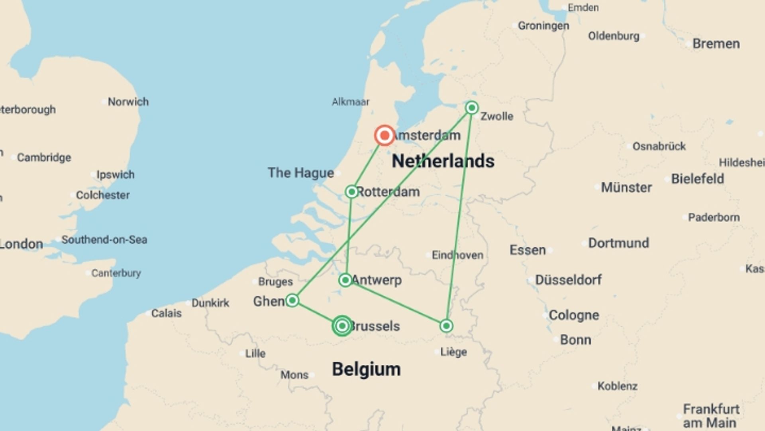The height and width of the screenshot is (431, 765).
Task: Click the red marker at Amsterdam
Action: tap(384, 136)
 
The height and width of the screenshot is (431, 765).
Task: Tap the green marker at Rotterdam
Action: tap(351, 192)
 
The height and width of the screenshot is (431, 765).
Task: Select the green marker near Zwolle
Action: tap(472, 108)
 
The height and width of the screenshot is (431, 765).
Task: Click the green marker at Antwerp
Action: tap(345, 280)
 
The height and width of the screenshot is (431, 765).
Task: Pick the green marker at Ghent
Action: tap(292, 301)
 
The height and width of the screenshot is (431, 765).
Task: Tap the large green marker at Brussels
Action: tap(342, 326)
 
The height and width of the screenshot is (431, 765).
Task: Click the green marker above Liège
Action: tap(446, 326)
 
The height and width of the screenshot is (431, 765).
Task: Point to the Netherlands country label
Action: tap(443, 161)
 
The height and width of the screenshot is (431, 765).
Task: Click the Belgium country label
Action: tap(366, 369)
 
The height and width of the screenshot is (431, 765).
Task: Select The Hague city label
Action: tap(301, 173)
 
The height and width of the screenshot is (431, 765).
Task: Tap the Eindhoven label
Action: tap(457, 255)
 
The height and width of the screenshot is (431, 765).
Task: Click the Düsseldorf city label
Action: tap(568, 280)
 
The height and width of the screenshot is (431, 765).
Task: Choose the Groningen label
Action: tap(543, 26)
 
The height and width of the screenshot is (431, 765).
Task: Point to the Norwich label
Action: tap(128, 102)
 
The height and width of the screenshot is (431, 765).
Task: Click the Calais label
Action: tap(166, 313)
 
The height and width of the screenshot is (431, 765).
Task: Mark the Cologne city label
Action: tap(574, 315)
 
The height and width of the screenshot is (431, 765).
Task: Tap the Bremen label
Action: tap(716, 43)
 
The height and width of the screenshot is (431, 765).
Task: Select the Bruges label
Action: tap(275, 282)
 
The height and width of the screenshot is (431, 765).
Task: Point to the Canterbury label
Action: tap(116, 273)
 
